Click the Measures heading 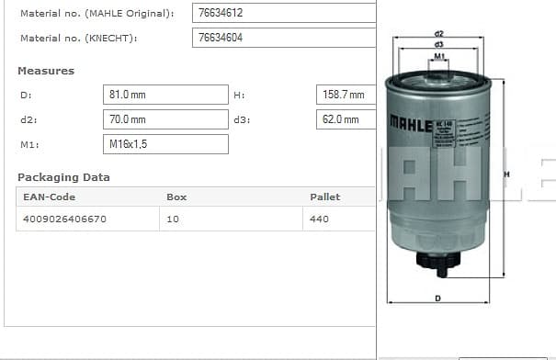[46, 71]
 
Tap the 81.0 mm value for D [128, 95]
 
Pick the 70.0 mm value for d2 [128, 119]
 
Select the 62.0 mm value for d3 [341, 119]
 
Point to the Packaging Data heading [63, 177]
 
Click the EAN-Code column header [49, 197]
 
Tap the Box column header [176, 197]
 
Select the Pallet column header [324, 197]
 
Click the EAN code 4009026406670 [64, 219]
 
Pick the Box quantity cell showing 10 [173, 219]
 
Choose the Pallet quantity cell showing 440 [320, 219]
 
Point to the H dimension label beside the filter [505, 174]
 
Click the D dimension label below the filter [437, 298]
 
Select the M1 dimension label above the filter [439, 56]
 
